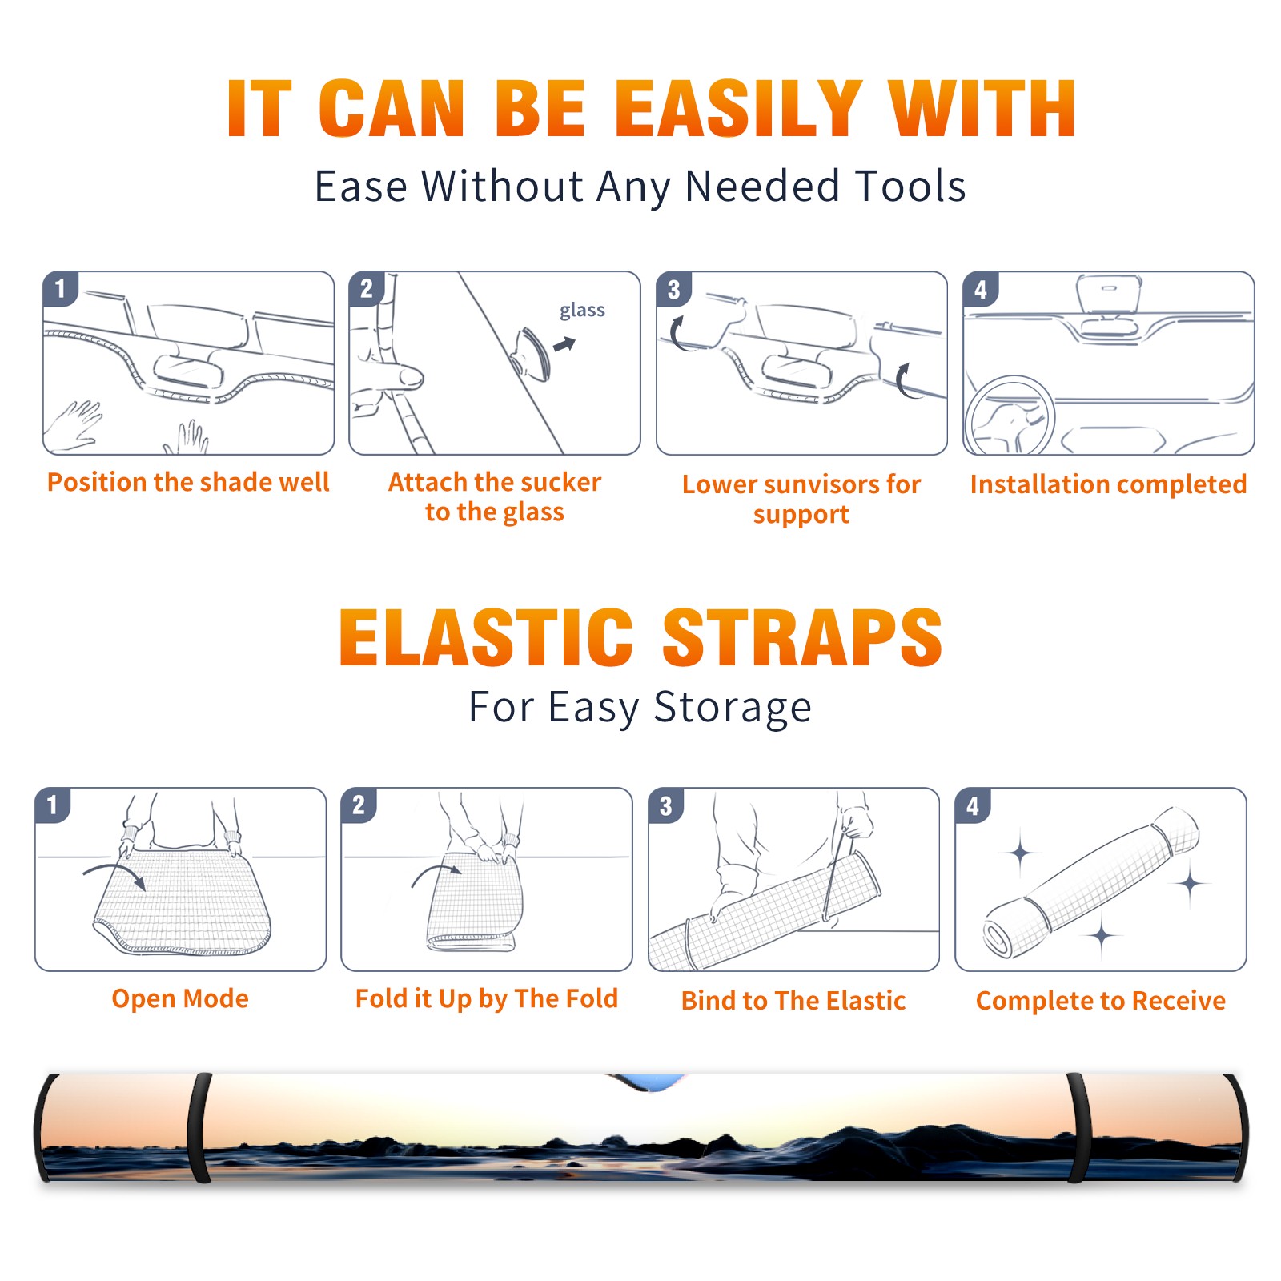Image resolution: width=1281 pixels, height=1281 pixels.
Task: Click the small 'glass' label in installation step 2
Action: (582, 311)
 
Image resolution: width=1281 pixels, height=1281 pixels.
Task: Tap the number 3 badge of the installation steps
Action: (674, 290)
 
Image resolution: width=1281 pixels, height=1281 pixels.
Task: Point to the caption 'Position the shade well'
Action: (188, 482)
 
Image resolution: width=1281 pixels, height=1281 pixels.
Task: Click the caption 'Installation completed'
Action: (1108, 484)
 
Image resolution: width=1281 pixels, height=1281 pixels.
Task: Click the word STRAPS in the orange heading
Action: (802, 637)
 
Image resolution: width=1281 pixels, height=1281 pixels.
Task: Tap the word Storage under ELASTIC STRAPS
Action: (733, 708)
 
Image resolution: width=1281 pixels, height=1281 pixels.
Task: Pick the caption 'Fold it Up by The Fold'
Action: (487, 999)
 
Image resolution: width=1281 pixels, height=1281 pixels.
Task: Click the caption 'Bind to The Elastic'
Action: (793, 1001)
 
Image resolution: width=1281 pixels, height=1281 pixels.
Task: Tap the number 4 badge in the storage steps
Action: (973, 806)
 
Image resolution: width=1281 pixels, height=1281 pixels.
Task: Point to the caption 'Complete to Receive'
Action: (1101, 1002)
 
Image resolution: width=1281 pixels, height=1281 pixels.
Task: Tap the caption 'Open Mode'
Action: (180, 999)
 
